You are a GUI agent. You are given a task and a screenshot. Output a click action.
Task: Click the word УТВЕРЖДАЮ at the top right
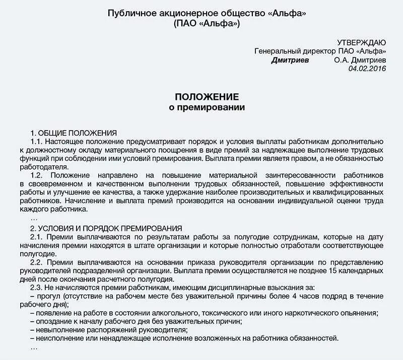(362, 42)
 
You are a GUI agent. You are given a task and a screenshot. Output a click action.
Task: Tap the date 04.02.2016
(367, 69)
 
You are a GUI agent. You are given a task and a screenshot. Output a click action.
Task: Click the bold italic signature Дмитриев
(290, 60)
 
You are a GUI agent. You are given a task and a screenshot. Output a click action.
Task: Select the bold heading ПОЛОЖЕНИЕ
(207, 97)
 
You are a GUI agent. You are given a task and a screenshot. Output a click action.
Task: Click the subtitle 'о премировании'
(207, 107)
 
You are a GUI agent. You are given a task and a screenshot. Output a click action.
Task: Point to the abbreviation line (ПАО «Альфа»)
(207, 23)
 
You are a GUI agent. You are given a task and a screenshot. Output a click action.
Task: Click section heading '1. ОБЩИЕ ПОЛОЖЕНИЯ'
(74, 133)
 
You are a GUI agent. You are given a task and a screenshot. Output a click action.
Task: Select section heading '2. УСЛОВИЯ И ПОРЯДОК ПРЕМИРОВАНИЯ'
(106, 228)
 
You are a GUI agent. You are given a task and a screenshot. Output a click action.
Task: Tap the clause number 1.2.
(37, 175)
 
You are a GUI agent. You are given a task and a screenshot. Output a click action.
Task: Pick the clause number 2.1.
(37, 236)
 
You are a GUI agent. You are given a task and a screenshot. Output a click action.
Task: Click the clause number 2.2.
(37, 262)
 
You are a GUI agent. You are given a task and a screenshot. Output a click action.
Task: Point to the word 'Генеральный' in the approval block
(276, 51)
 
